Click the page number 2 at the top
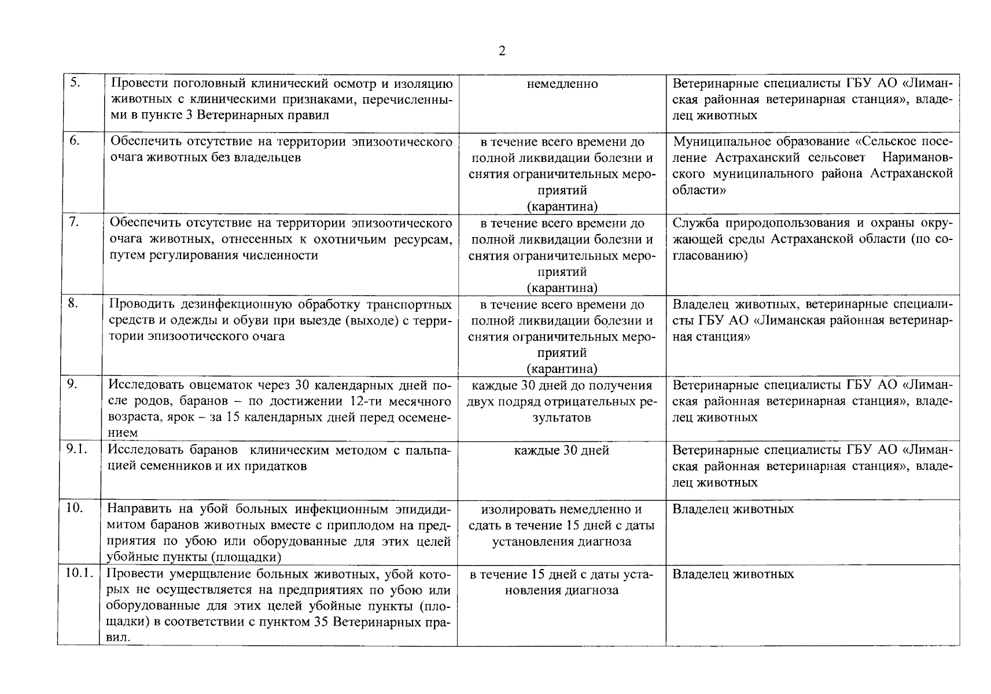[502, 51]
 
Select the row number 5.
[75, 83]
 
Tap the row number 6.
[75, 141]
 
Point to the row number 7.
[75, 222]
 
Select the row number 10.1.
[79, 574]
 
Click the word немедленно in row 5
[562, 84]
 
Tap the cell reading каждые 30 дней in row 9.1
[561, 450]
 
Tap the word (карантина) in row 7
[562, 287]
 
